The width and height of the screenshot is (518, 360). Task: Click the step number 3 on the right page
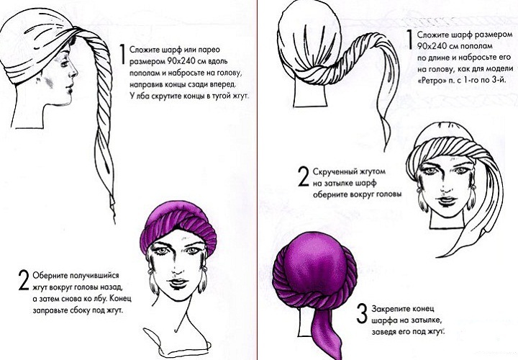tap(362, 314)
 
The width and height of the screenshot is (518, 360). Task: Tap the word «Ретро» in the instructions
tap(430, 81)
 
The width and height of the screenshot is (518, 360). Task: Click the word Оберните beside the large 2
tap(50, 275)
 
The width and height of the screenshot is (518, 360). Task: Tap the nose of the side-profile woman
tap(75, 71)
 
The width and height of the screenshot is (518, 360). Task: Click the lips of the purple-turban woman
tap(178, 283)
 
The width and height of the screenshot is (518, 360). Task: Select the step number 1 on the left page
tap(122, 54)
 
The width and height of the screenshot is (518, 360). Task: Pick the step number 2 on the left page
tap(24, 280)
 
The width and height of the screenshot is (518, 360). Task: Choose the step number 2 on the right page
tap(304, 176)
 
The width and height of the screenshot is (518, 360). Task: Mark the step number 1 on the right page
tap(409, 40)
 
